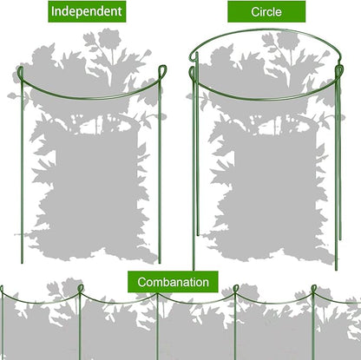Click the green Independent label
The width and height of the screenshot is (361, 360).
pos(87,11)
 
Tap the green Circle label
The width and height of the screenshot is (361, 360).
pos(266,12)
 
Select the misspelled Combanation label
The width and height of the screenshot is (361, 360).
pos(172,281)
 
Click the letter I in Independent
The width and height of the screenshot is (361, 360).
pos(53,11)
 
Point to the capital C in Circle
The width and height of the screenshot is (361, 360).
pos(253,12)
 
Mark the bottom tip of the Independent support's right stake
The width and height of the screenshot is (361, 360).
pos(160,260)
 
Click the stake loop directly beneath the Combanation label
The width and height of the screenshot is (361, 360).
pos(159,293)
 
